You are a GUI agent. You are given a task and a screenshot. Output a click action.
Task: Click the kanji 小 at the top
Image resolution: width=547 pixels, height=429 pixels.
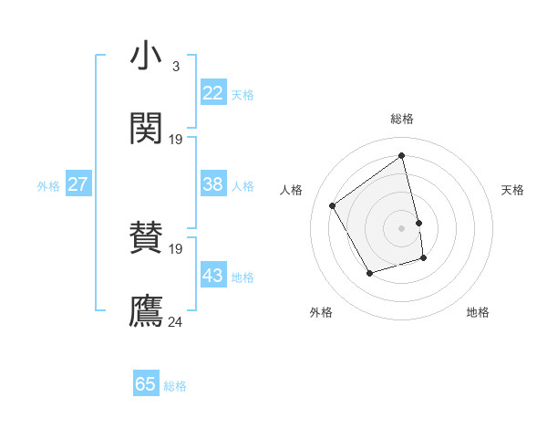tap(146, 57)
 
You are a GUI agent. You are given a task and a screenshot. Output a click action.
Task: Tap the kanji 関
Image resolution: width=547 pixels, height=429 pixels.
tap(146, 129)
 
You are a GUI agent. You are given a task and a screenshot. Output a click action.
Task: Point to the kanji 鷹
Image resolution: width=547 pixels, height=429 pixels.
tap(146, 310)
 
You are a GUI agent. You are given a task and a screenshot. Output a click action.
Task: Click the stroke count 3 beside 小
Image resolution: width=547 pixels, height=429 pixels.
tap(175, 67)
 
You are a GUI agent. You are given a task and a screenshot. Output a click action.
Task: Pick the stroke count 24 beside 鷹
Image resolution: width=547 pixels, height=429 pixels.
tap(176, 321)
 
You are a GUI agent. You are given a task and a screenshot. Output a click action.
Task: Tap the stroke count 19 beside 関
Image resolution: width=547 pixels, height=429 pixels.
tap(176, 140)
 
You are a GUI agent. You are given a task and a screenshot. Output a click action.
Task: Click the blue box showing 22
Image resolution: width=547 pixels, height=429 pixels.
tap(213, 93)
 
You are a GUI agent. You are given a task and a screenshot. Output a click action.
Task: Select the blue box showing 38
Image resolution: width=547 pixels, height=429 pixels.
tap(213, 184)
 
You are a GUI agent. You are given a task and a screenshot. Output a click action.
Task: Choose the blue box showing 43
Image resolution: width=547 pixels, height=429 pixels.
tap(213, 276)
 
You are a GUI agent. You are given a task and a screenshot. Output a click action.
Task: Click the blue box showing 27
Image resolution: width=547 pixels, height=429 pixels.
tap(77, 184)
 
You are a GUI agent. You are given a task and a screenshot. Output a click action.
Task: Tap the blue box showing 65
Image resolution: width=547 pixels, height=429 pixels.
tap(146, 384)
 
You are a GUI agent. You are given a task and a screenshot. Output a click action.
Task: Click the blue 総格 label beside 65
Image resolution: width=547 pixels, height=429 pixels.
tap(175, 386)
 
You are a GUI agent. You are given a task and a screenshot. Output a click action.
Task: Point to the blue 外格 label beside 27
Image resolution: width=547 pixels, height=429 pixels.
tap(48, 186)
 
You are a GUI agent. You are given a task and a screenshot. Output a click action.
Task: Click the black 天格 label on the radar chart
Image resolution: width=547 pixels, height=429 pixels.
tap(512, 190)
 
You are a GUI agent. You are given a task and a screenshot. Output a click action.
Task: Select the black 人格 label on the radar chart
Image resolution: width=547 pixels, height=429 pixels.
tap(292, 190)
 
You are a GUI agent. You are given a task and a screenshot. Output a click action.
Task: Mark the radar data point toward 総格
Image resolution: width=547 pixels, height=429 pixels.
tap(401, 156)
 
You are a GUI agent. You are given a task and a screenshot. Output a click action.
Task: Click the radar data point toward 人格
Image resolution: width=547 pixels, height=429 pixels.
tap(333, 205)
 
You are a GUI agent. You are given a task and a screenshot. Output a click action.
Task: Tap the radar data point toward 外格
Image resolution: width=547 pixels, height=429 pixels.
tap(369, 273)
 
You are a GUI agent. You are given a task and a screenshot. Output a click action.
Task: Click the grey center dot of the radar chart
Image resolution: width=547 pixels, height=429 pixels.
tap(401, 227)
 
